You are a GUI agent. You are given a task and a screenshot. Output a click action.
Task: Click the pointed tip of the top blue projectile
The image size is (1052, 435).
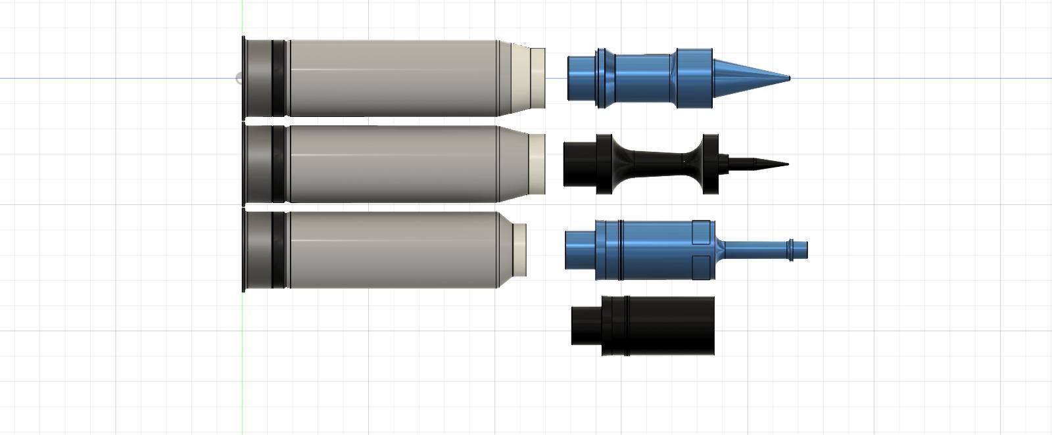(x=787, y=78)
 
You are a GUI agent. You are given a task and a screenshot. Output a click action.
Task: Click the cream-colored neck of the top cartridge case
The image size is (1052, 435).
(x=537, y=78)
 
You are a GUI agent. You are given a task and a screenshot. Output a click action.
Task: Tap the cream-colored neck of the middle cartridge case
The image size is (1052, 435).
(x=537, y=164)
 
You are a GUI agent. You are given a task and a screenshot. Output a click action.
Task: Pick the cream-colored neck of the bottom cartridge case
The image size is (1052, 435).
(x=519, y=250)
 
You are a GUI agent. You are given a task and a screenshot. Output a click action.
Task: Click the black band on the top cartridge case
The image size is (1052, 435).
(x=278, y=78)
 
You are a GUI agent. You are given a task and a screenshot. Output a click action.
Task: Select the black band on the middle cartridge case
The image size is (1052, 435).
(x=278, y=164)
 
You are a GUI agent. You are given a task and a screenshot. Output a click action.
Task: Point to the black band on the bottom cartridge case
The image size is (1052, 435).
(x=278, y=250)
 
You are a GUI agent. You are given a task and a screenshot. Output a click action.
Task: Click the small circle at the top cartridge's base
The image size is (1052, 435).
(x=239, y=79)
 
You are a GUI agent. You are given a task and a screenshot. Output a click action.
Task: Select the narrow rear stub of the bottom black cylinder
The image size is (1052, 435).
(x=586, y=326)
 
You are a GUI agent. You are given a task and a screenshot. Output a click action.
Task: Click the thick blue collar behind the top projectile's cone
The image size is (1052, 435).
(x=694, y=78)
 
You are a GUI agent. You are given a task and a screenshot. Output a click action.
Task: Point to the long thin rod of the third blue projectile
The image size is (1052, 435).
(x=756, y=250)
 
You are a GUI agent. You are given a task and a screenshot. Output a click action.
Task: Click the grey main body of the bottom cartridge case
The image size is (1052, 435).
(x=394, y=250)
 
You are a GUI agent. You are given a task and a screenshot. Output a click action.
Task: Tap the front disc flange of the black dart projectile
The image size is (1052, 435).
(x=710, y=164)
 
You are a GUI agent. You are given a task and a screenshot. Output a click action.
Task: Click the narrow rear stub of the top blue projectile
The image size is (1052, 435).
(x=581, y=78)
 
